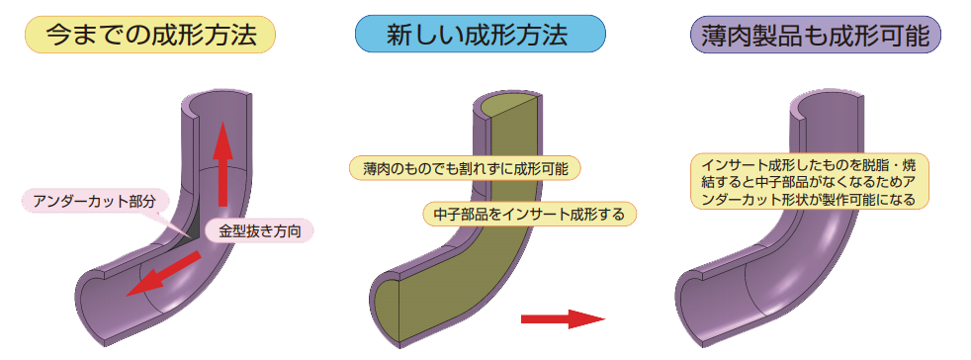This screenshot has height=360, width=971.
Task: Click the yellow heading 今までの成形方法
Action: [149, 35]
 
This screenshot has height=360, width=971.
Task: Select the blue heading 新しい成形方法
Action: [480, 35]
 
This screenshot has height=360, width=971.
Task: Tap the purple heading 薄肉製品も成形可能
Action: [816, 35]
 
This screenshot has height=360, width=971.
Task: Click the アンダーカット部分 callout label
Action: [95, 200]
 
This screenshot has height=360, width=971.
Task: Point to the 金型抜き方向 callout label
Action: [259, 231]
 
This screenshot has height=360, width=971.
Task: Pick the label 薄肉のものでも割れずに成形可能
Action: [465, 168]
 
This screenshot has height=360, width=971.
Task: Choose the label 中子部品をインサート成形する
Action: [529, 214]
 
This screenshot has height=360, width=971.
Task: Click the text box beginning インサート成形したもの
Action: [810, 182]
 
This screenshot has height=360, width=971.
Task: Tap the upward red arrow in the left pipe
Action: [222, 163]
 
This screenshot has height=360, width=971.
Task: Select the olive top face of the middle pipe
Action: [505, 110]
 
